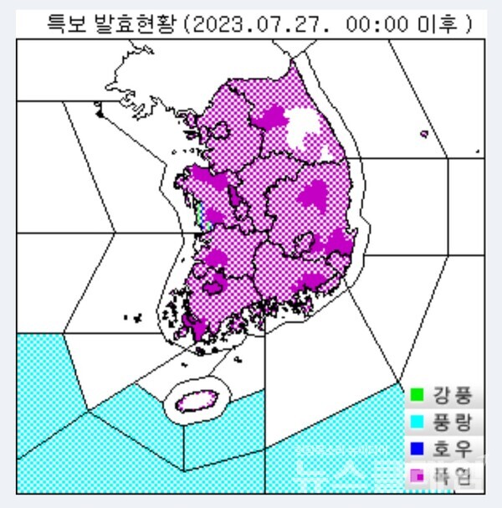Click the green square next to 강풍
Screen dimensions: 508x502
(x=417, y=393)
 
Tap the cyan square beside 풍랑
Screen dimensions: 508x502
(x=417, y=421)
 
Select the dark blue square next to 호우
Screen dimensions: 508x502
(x=417, y=449)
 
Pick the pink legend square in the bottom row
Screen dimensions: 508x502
(x=417, y=476)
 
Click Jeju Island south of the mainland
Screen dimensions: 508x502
(x=196, y=402)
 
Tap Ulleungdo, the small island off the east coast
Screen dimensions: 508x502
(x=423, y=132)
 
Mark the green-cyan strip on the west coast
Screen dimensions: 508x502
(x=199, y=216)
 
